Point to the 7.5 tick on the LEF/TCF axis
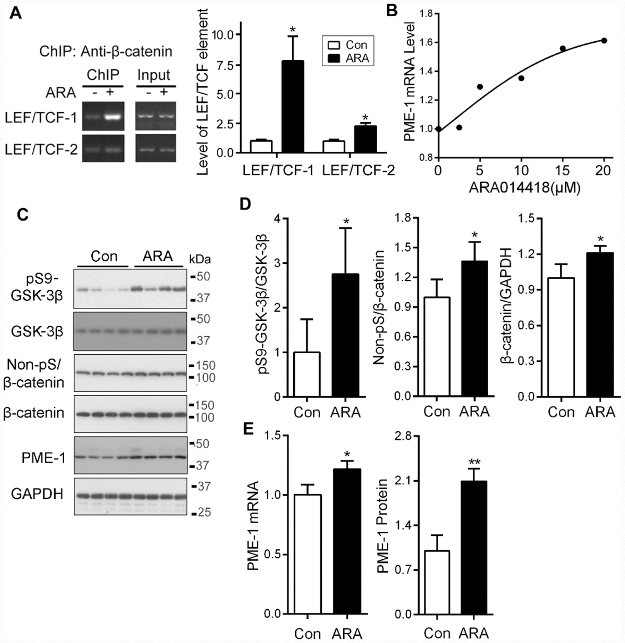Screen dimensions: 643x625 point(228,64)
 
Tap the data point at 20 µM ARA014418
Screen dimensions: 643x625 point(604,40)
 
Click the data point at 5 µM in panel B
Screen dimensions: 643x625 point(480,86)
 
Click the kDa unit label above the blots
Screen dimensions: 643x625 point(200,259)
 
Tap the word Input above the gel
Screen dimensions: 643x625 point(154,75)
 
